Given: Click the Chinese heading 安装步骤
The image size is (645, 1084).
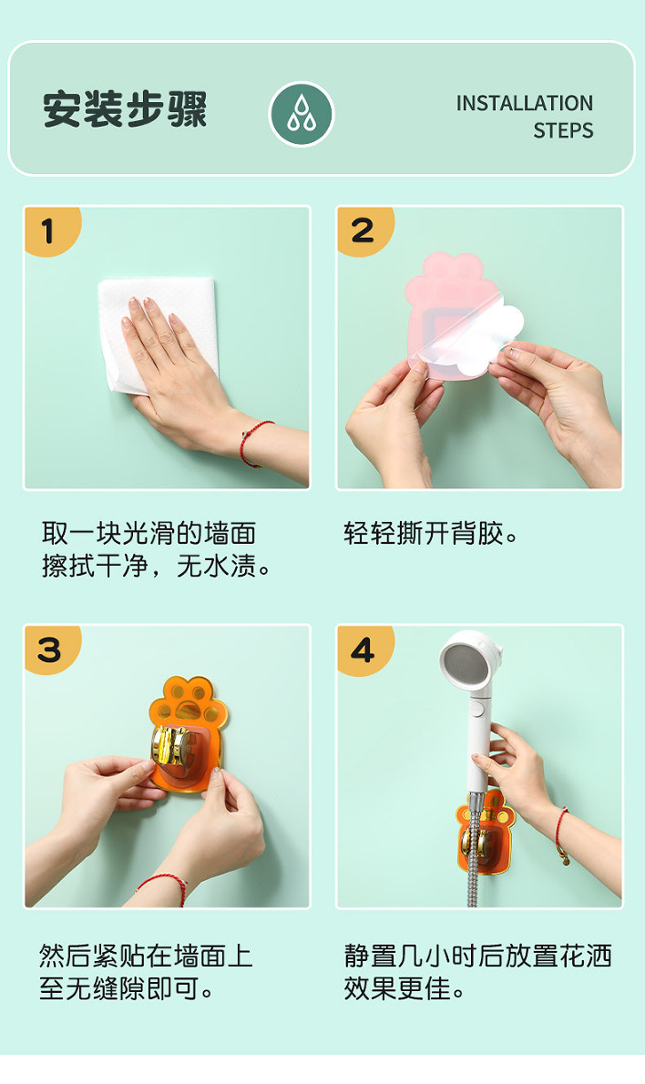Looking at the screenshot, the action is click(125, 108).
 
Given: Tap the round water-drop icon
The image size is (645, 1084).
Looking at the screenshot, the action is click(302, 114).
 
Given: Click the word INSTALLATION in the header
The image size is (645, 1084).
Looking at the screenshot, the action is click(525, 103).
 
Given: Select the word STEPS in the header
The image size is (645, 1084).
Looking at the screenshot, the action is click(563, 130).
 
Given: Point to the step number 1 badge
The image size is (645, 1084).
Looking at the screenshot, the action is click(50, 230).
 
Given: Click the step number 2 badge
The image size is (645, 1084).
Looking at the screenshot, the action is click(363, 230).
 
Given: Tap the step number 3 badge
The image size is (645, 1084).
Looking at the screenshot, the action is click(50, 649).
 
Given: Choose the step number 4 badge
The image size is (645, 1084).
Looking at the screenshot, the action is click(363, 649).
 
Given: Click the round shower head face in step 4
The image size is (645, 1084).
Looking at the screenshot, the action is click(465, 662).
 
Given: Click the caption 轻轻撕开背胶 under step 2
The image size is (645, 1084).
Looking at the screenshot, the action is click(431, 534).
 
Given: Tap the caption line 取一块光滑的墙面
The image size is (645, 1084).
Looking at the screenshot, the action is click(148, 534).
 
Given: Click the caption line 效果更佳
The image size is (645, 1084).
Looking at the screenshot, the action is click(404, 988).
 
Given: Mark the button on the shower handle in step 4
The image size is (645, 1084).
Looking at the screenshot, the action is click(477, 709).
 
